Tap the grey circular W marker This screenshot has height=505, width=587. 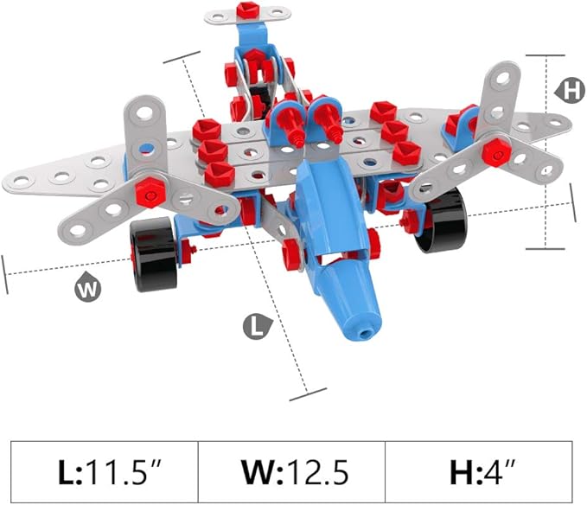[x=87, y=288]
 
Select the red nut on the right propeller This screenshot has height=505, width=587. [x=494, y=152]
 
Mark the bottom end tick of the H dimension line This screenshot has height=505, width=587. [x=545, y=249]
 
